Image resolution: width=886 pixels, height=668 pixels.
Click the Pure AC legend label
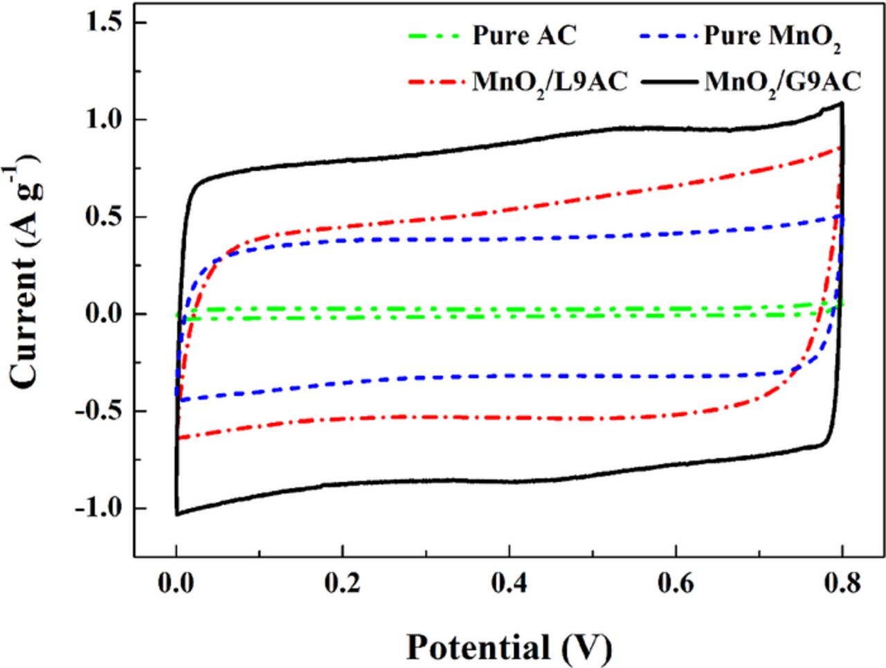pos(523,36)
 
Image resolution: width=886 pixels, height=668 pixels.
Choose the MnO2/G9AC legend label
pos(782,82)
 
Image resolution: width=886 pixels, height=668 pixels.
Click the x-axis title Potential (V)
pos(509,647)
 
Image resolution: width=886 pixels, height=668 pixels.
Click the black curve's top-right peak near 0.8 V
pos(841,103)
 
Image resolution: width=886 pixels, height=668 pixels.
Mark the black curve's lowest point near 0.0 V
pos(177,514)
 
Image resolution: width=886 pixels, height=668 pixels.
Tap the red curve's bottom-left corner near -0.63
pos(179,437)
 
